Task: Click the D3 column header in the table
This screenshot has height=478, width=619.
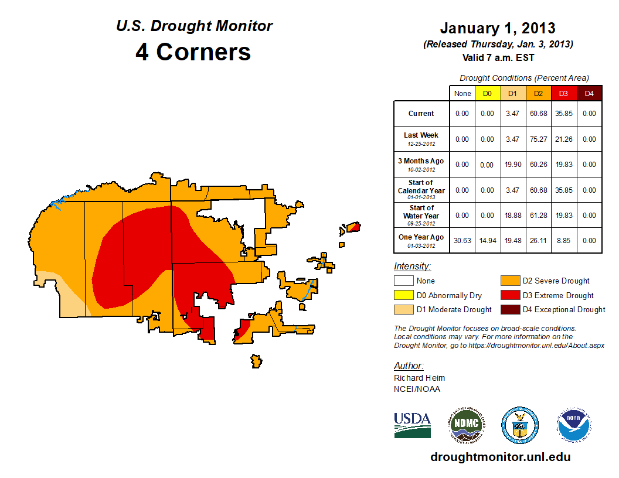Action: coord(563,93)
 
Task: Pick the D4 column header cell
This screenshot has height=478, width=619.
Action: coord(589,93)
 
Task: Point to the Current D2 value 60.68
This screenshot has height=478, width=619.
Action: coord(538,114)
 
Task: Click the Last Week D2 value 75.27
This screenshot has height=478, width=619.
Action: coord(538,139)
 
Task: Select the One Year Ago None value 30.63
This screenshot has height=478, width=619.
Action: coord(462,240)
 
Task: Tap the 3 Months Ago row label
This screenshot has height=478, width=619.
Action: coord(421,164)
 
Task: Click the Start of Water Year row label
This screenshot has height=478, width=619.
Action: coord(421,214)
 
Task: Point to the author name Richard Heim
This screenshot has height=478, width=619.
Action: coord(419,378)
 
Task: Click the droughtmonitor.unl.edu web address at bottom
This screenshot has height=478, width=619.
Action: coord(500,457)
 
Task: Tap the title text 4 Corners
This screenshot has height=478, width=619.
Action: coord(193,52)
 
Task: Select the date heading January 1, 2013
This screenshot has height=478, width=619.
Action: coord(498,28)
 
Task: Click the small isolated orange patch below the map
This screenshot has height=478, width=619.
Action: coord(256,361)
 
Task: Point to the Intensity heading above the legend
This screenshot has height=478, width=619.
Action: coord(412,267)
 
